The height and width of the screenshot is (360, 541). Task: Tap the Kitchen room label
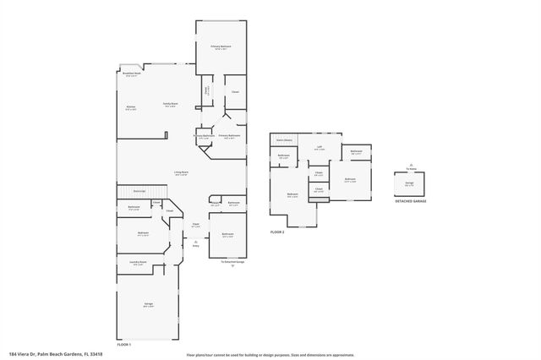130,107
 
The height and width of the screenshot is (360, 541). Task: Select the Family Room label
170,105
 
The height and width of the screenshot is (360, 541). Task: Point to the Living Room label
181,173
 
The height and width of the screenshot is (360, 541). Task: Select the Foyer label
195,226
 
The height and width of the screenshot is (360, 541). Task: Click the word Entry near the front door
196,246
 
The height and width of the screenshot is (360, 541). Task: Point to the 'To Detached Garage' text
232,263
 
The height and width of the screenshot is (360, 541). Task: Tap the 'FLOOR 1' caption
124,345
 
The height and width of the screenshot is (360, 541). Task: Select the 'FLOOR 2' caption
278,232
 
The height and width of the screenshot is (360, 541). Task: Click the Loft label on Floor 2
320,148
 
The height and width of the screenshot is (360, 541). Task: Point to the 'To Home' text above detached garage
410,168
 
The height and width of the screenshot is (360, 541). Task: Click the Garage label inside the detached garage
409,183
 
